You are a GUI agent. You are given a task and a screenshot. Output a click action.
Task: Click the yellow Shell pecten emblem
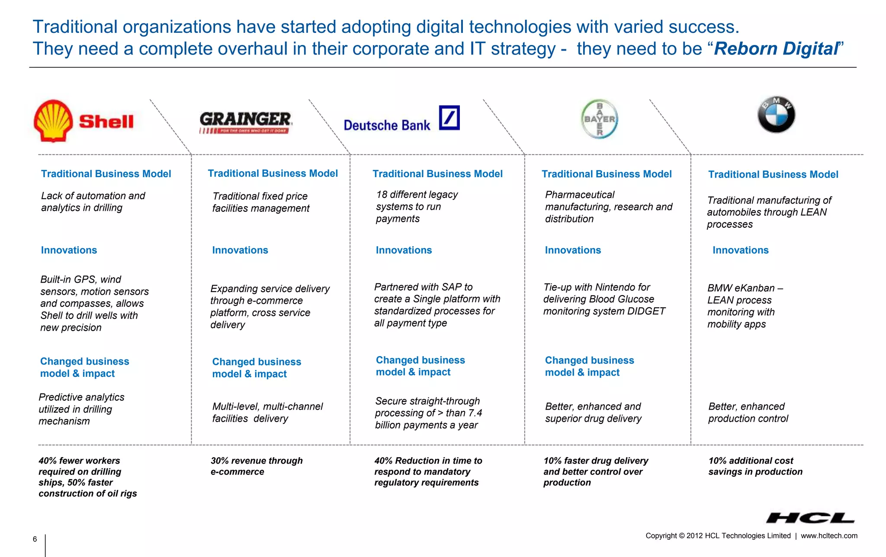point(53,121)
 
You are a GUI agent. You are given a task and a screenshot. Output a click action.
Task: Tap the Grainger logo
point(245,122)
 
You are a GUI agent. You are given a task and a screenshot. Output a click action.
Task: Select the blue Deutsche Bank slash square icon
point(449,118)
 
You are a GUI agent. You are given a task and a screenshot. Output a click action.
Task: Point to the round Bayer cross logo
point(599,119)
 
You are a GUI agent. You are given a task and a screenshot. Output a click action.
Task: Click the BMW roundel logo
point(776,115)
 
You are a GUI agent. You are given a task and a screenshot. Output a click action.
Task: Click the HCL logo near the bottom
point(809,518)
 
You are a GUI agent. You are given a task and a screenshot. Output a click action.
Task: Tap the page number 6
point(35,539)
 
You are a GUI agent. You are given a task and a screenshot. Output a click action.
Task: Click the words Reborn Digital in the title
point(776,48)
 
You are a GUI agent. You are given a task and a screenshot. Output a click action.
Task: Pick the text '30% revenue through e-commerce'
point(256,466)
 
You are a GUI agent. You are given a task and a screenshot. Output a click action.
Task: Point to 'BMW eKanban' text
point(741,288)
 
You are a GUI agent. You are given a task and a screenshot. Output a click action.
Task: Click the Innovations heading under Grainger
point(240,250)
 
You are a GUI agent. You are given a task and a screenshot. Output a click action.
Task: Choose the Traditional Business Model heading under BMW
point(773,175)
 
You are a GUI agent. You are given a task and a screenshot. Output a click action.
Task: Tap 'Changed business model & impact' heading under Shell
point(84,367)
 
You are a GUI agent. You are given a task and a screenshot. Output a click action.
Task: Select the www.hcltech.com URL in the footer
point(828,536)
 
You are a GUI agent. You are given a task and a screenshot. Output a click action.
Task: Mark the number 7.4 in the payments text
point(475,413)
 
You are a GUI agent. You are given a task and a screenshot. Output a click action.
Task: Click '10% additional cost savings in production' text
point(755,466)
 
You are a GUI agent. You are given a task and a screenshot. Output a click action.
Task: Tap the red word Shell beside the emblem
point(106,122)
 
